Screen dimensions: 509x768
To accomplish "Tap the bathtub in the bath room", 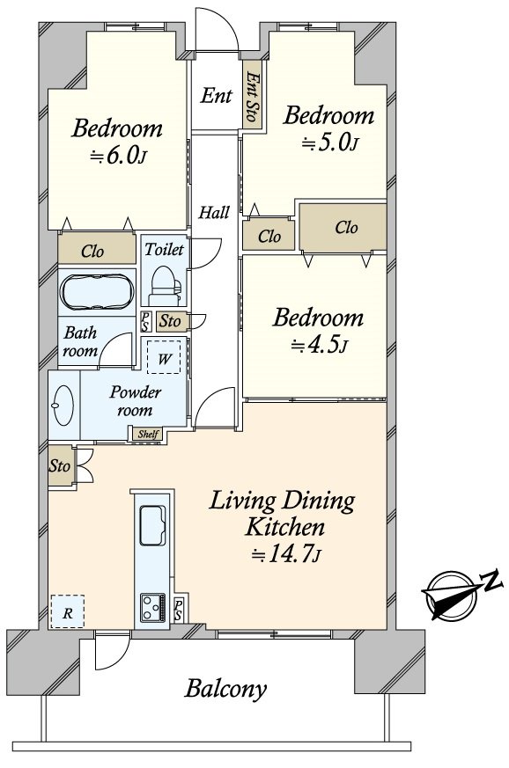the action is coord(97,292).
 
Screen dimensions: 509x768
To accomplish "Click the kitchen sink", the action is coord(153,524).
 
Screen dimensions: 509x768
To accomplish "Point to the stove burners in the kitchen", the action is coord(153,607).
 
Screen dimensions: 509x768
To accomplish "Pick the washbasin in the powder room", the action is coord(63,406).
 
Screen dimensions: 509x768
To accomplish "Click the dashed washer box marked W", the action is coord(164,357).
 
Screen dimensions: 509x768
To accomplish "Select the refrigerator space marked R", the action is coord(68,611).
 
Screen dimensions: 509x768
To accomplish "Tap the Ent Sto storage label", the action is coord(252,97).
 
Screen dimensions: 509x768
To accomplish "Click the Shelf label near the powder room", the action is coord(148,434).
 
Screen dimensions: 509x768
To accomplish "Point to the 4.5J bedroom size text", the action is coord(320,346).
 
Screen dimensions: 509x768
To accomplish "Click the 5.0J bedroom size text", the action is coord(329,143).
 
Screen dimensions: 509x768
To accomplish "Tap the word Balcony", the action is coord(226,689).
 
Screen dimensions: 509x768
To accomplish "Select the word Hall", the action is coord(214,213).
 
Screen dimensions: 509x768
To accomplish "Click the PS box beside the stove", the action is coord(179,610).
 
